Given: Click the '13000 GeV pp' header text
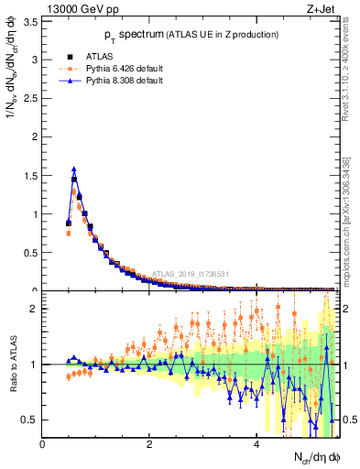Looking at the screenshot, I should [x=82, y=9].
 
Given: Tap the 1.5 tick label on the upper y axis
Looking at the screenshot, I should [x=32, y=176].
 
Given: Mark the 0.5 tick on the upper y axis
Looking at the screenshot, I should [x=32, y=253].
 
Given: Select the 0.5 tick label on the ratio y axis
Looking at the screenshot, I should [x=32, y=420].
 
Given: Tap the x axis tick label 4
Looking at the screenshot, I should [x=256, y=445].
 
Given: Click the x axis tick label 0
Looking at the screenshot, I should [x=43, y=445].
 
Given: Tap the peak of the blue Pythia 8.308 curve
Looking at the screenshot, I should [x=74, y=169].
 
